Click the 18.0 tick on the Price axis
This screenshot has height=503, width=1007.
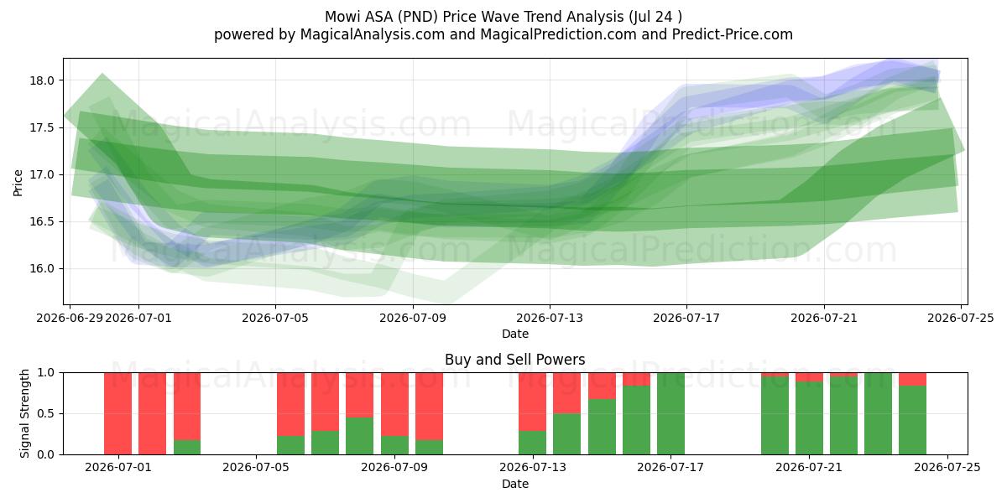tap(41, 80)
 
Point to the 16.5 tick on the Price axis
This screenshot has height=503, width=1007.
tap(41, 222)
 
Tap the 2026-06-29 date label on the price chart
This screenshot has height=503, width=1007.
tap(70, 318)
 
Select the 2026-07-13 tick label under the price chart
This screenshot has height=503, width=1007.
tap(550, 318)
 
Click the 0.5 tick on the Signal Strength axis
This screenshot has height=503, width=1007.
tap(45, 413)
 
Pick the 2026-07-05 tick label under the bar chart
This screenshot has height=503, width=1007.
tap(256, 467)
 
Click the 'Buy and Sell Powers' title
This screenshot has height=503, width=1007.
tap(514, 360)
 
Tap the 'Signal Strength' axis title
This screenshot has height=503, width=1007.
tap(24, 413)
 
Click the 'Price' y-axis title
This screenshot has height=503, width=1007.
tap(18, 183)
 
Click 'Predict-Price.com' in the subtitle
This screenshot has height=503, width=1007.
tap(732, 34)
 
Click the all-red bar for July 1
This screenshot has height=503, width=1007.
tap(117, 413)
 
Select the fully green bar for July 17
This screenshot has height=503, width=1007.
tap(670, 413)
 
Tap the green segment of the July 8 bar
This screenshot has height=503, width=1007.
tap(359, 436)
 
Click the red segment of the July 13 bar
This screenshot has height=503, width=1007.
tap(532, 402)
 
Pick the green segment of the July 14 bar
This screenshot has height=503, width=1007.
tap(567, 434)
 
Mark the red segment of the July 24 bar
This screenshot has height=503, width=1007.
tap(913, 379)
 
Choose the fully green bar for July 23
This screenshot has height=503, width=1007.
tap(878, 413)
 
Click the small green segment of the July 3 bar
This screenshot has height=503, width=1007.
tap(187, 448)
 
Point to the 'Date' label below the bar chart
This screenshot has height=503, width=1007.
tap(514, 485)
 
